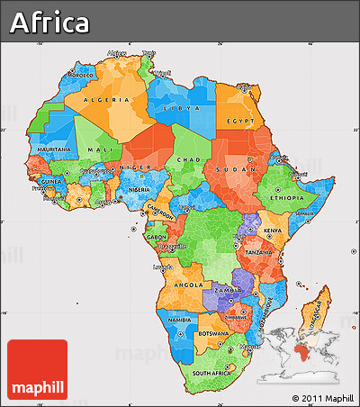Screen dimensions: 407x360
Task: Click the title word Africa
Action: pyautogui.click(x=50, y=22)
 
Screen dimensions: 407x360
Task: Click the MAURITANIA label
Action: pyautogui.click(x=54, y=149)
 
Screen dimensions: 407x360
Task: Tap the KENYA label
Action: pyautogui.click(x=271, y=232)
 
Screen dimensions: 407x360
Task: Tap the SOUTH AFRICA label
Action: pyautogui.click(x=213, y=372)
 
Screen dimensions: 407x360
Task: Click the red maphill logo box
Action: pyautogui.click(x=37, y=369)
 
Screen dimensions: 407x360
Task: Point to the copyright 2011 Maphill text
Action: pyautogui.click(x=322, y=397)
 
